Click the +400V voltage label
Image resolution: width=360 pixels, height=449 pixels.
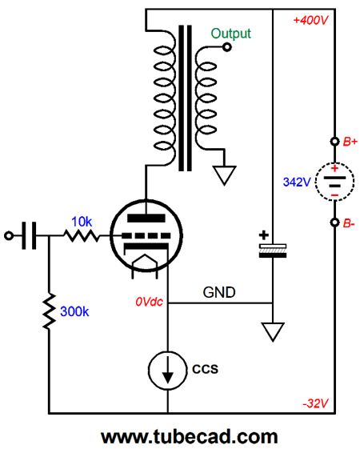click(310, 21)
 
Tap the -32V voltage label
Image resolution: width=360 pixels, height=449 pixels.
click(316, 403)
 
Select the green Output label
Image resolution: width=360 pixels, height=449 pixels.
click(230, 34)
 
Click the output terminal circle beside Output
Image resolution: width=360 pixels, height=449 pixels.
click(227, 47)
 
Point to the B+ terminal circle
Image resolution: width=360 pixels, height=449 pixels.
click(334, 142)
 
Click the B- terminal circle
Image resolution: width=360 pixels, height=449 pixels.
click(334, 222)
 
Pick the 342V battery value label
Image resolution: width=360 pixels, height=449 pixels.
click(297, 182)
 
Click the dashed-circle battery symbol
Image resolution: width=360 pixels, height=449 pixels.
click(334, 181)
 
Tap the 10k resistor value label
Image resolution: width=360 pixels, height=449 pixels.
click(82, 222)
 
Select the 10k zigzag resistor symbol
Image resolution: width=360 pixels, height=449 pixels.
click(82, 235)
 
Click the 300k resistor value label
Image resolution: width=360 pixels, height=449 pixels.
click(74, 311)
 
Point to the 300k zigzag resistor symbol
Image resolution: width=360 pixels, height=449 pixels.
click(49, 311)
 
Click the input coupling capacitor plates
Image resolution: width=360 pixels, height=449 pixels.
click(29, 235)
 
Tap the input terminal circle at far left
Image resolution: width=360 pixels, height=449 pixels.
click(9, 235)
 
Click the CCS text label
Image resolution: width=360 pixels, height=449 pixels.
click(205, 369)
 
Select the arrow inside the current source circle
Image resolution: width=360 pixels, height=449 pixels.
click(167, 370)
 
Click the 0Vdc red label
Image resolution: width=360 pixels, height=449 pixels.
click(149, 302)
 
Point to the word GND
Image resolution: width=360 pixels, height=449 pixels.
click(219, 292)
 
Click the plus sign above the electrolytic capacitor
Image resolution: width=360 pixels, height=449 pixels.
click(263, 235)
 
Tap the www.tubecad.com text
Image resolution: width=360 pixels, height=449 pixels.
click(189, 437)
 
